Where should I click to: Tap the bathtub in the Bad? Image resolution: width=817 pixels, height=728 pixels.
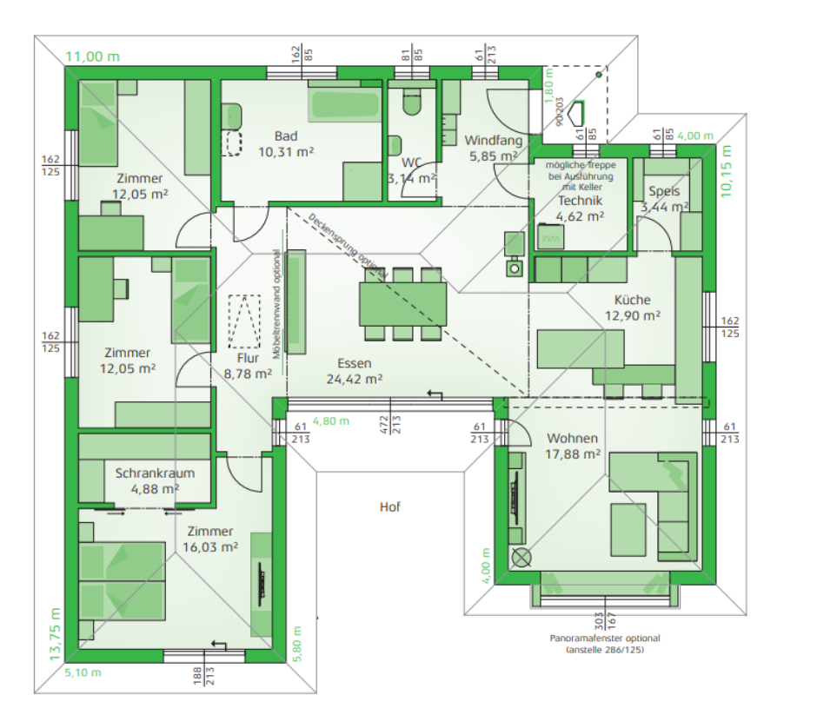[x=344, y=104]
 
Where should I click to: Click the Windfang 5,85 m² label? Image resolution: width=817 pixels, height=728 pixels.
[x=493, y=148]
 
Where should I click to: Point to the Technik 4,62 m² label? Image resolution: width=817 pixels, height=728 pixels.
[x=581, y=208]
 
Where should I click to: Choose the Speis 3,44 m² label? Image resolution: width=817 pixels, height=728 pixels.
[x=664, y=200]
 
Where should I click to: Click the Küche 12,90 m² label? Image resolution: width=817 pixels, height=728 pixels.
[x=631, y=308]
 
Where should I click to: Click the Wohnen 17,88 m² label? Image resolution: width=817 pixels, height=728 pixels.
[x=573, y=446]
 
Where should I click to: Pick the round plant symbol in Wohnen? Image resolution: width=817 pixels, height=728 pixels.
[x=521, y=558]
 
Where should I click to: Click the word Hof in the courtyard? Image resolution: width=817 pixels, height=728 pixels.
[x=389, y=506]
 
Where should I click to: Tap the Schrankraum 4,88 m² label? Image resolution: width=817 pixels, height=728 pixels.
[x=155, y=480]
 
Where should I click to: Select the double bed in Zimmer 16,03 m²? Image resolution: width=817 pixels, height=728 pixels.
[x=122, y=579]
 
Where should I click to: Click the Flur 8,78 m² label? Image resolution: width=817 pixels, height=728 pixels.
[x=248, y=365]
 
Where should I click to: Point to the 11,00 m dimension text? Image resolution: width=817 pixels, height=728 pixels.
[x=93, y=57]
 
